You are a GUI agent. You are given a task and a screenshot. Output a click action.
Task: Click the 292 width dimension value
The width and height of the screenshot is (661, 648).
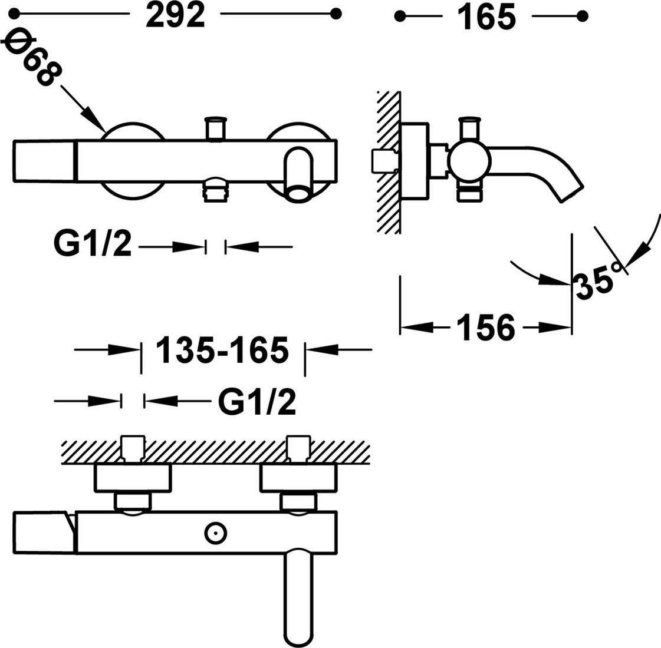[176, 16]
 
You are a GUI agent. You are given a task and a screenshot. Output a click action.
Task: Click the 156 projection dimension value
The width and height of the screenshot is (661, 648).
[484, 328]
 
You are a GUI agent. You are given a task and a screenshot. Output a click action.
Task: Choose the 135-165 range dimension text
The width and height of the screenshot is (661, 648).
[222, 351]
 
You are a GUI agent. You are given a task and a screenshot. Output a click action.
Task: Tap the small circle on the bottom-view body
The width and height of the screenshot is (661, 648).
[215, 534]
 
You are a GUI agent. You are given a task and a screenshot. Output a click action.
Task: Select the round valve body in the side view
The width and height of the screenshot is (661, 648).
[469, 160]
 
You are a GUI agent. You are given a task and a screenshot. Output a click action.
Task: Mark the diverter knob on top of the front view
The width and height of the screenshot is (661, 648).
[215, 126]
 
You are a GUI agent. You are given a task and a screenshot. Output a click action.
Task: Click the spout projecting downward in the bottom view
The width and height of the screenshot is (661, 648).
[300, 595]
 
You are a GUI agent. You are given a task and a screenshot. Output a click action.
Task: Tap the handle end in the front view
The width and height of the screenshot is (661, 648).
[44, 161]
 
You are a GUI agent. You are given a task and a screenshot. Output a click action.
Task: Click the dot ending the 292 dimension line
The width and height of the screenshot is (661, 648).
[336, 14]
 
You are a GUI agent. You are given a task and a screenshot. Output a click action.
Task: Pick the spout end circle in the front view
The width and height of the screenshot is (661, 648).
[298, 192]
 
